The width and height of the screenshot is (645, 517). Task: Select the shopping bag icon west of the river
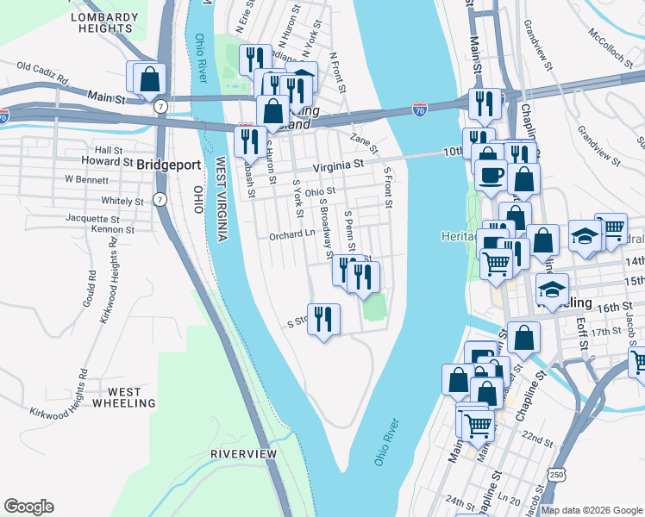(149, 78)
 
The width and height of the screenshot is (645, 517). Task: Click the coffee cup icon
(492, 175)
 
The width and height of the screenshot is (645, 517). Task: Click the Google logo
(28, 507)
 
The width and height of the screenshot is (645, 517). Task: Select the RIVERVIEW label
(243, 453)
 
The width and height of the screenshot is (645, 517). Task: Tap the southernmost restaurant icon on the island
(323, 320)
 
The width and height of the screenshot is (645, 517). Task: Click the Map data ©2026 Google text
(592, 510)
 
